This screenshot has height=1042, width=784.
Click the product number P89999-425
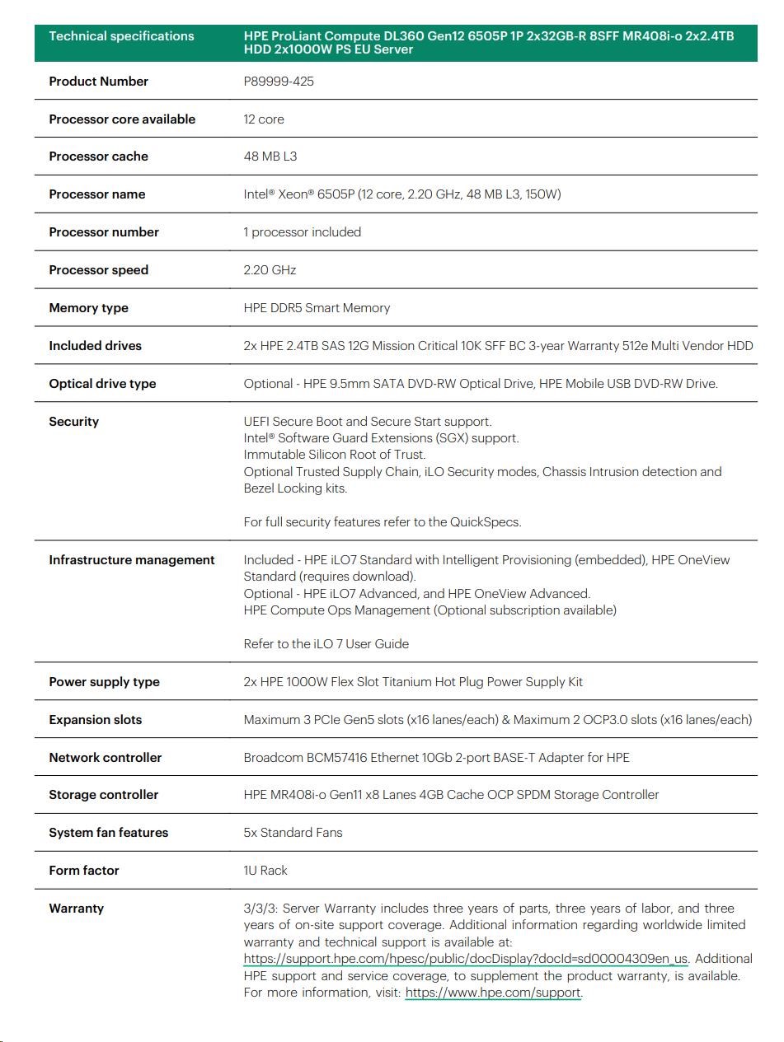coord(279,82)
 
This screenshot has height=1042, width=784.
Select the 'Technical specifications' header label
coord(121,36)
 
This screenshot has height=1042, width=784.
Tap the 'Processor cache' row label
coord(98,157)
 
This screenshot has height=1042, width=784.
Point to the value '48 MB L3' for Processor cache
coord(271,157)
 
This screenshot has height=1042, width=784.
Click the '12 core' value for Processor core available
coord(264,119)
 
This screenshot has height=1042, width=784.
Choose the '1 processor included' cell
coord(302,232)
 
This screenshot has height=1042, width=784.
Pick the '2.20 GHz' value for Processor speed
coord(270,270)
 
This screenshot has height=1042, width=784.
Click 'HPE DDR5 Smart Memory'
coord(317,308)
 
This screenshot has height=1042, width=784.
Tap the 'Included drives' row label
coord(95,346)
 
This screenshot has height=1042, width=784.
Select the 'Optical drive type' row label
coord(102,384)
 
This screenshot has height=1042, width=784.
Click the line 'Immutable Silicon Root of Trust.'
coord(335,455)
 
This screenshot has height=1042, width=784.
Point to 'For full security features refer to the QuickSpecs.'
coord(383,522)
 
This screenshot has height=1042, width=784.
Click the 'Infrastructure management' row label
coord(131,560)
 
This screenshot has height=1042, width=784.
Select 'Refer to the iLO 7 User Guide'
coord(326,644)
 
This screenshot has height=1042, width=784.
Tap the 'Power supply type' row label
coord(104,682)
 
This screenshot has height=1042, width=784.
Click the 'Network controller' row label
coord(105,758)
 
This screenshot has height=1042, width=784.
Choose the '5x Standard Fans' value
coord(293,833)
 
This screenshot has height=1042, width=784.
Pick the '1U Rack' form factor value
coord(265,871)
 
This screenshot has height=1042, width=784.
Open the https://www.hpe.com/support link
coord(493,993)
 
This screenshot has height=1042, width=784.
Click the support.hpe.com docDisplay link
coord(466,959)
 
